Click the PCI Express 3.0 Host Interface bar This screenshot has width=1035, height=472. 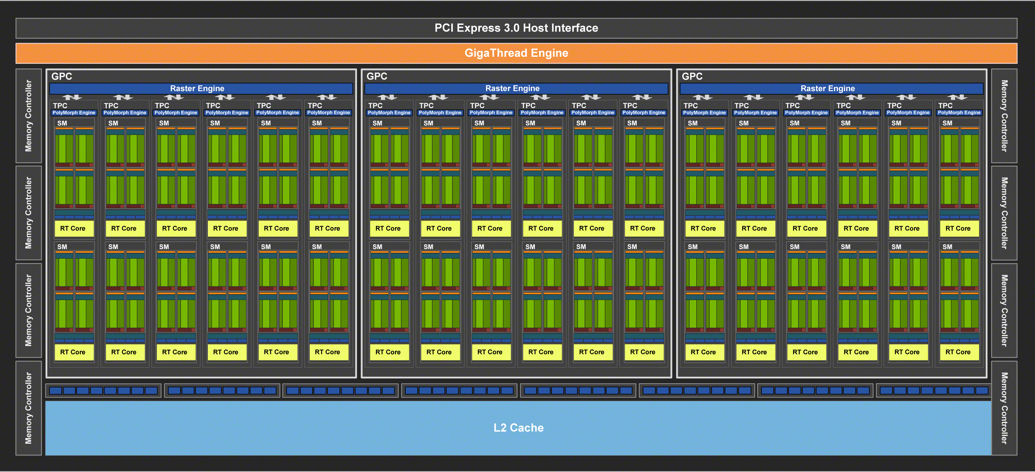click(516, 28)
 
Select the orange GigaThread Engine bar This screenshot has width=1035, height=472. click(516, 53)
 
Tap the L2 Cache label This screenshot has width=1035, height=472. click(518, 428)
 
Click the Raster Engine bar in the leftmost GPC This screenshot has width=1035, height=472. click(197, 88)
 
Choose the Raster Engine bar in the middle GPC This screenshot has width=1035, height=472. click(512, 88)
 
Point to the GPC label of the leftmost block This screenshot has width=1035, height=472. click(62, 76)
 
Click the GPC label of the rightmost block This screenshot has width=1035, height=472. click(692, 76)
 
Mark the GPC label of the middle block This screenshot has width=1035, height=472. click(377, 76)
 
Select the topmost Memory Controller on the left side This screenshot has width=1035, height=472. click(29, 116)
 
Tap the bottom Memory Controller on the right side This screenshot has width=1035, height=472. click(1004, 408)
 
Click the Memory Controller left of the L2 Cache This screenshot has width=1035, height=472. click(29, 408)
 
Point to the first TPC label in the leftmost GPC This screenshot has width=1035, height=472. click(60, 106)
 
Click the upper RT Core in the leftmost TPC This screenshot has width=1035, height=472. click(73, 228)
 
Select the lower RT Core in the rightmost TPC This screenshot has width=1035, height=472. click(958, 352)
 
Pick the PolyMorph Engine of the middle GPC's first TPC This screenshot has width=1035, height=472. click(389, 113)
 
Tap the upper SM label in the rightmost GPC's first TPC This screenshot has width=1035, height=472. click(693, 123)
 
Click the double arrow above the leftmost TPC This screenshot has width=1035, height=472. click(72, 97)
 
